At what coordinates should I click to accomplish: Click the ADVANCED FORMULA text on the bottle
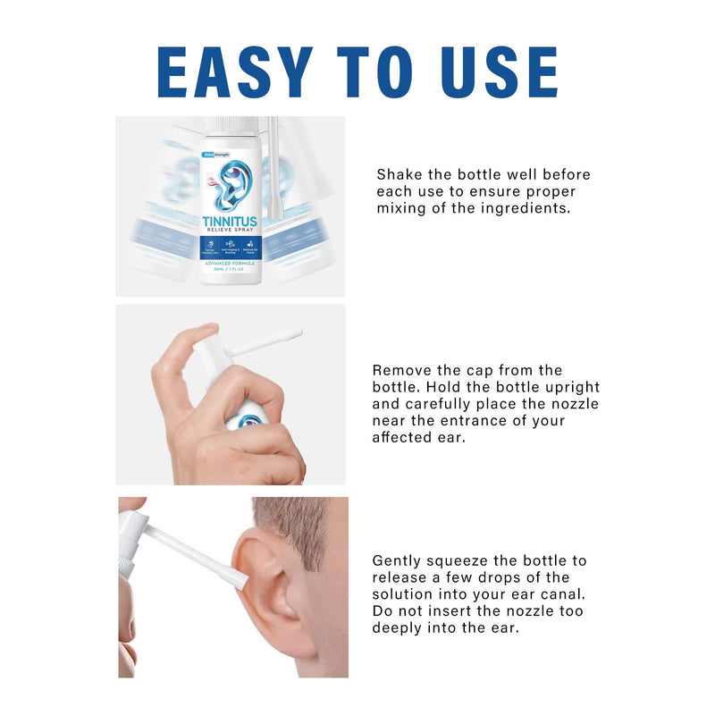230,265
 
